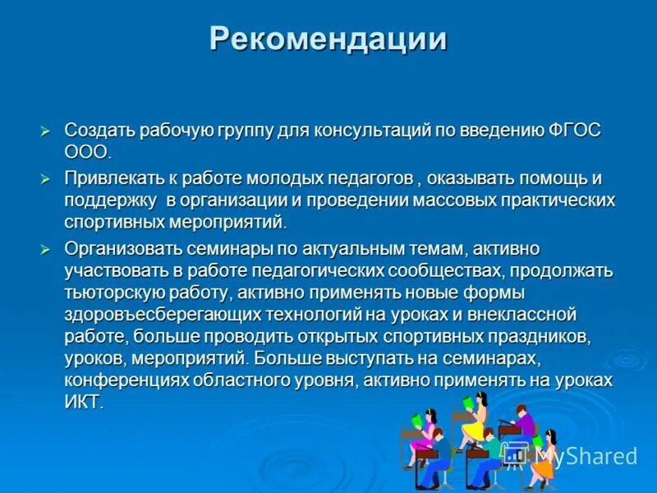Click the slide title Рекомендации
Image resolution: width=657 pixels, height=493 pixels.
pos(328,39)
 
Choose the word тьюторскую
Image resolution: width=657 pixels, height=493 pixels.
pos(112,293)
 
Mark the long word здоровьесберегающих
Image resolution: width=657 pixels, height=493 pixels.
pos(162,315)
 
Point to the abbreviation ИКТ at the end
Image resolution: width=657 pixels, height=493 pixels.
pos(83,403)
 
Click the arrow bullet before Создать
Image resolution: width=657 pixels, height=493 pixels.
pos(47,131)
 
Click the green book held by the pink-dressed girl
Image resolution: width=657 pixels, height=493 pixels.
pos(416,421)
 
